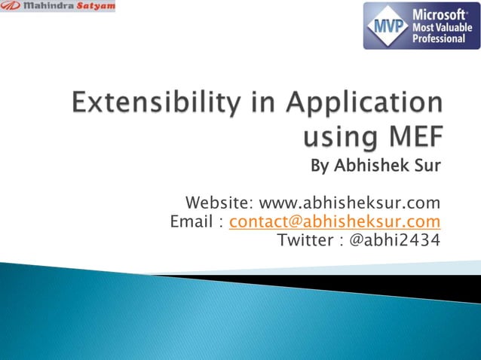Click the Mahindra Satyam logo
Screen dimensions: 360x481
[58, 7]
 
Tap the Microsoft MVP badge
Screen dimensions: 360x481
[421, 26]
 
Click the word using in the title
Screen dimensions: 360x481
[336, 139]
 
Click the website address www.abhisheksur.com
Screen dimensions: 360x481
[349, 203]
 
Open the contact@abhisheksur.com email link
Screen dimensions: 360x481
[335, 221]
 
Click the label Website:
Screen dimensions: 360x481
[219, 203]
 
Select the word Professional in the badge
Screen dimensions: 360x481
[439, 38]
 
